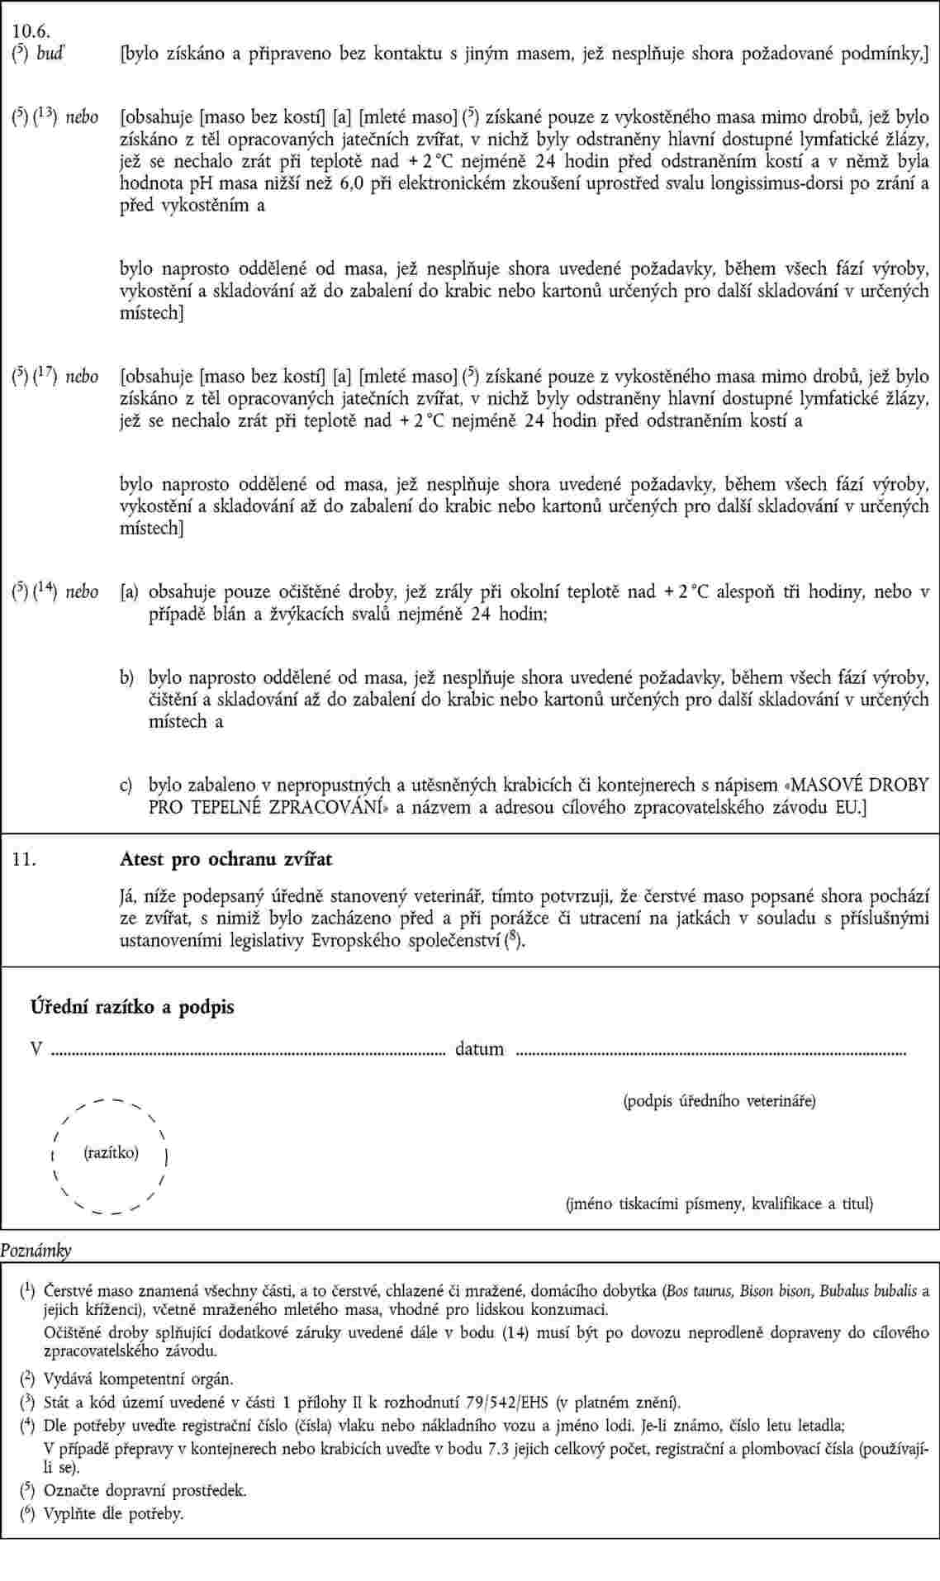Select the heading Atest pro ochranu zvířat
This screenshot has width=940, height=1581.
click(x=226, y=859)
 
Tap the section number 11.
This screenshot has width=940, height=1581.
click(x=23, y=859)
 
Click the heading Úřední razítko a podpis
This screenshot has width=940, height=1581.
click(x=132, y=1007)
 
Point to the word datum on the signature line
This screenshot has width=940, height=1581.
click(x=479, y=1049)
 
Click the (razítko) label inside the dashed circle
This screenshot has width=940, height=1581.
click(x=112, y=1152)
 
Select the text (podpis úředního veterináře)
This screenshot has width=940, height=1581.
click(x=719, y=1100)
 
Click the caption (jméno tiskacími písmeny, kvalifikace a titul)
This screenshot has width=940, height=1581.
click(x=719, y=1204)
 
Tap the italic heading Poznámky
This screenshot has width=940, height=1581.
click(x=36, y=1251)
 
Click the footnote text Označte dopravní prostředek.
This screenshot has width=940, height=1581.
click(x=145, y=1491)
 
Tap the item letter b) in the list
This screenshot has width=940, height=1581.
click(x=127, y=678)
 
